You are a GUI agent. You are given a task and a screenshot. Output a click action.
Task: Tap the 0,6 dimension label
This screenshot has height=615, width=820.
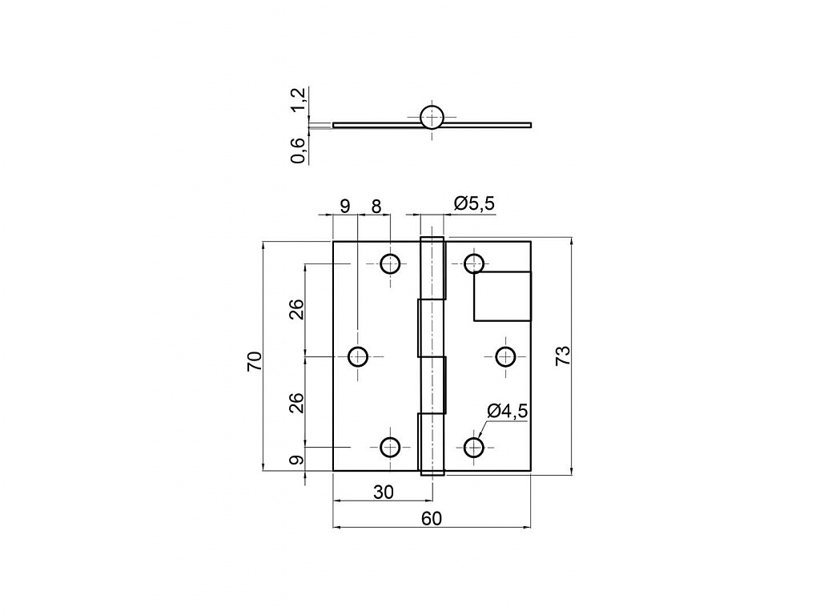pos(298,150)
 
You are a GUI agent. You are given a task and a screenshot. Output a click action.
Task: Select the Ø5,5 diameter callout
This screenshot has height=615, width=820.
pos(474,203)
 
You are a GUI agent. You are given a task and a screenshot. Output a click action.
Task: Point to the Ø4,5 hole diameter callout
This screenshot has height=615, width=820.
pos(507,411)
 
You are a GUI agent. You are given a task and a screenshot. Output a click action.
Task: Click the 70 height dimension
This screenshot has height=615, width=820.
pos(254,362)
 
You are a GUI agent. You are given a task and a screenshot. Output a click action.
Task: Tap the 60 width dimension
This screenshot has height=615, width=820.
pos(432,518)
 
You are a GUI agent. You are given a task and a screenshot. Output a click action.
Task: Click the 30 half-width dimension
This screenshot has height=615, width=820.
pos(384,492)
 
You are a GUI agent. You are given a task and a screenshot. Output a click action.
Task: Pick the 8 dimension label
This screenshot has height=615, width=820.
pos(376,207)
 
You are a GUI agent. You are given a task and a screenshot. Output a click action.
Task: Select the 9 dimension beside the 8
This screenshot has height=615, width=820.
pos(344,206)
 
